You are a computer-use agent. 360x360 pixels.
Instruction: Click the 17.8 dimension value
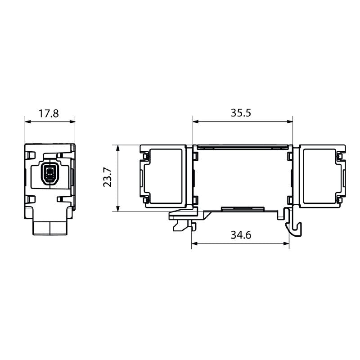(x=49, y=113)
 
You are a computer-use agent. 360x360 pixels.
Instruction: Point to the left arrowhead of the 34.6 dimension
(x=194, y=244)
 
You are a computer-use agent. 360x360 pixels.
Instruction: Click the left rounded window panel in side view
(x=166, y=176)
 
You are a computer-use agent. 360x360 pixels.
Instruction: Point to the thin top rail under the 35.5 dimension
(x=243, y=147)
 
